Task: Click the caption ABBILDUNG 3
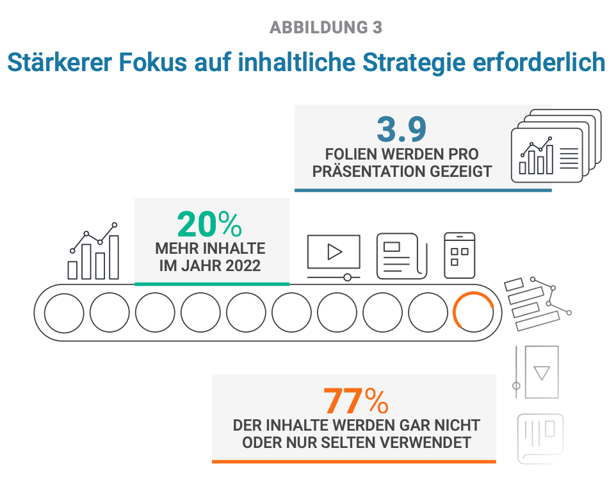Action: pyautogui.click(x=326, y=28)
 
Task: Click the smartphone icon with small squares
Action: pyautogui.click(x=459, y=255)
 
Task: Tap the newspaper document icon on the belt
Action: pyautogui.click(x=401, y=256)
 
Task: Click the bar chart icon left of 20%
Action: pyautogui.click(x=94, y=251)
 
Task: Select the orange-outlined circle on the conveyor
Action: pyautogui.click(x=473, y=313)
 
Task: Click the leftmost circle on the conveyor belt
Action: pyautogui.click(x=64, y=313)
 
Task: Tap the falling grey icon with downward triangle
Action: pyautogui.click(x=537, y=372)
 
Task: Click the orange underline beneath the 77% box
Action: pyautogui.click(x=353, y=461)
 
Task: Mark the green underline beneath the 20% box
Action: pyautogui.click(x=212, y=283)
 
